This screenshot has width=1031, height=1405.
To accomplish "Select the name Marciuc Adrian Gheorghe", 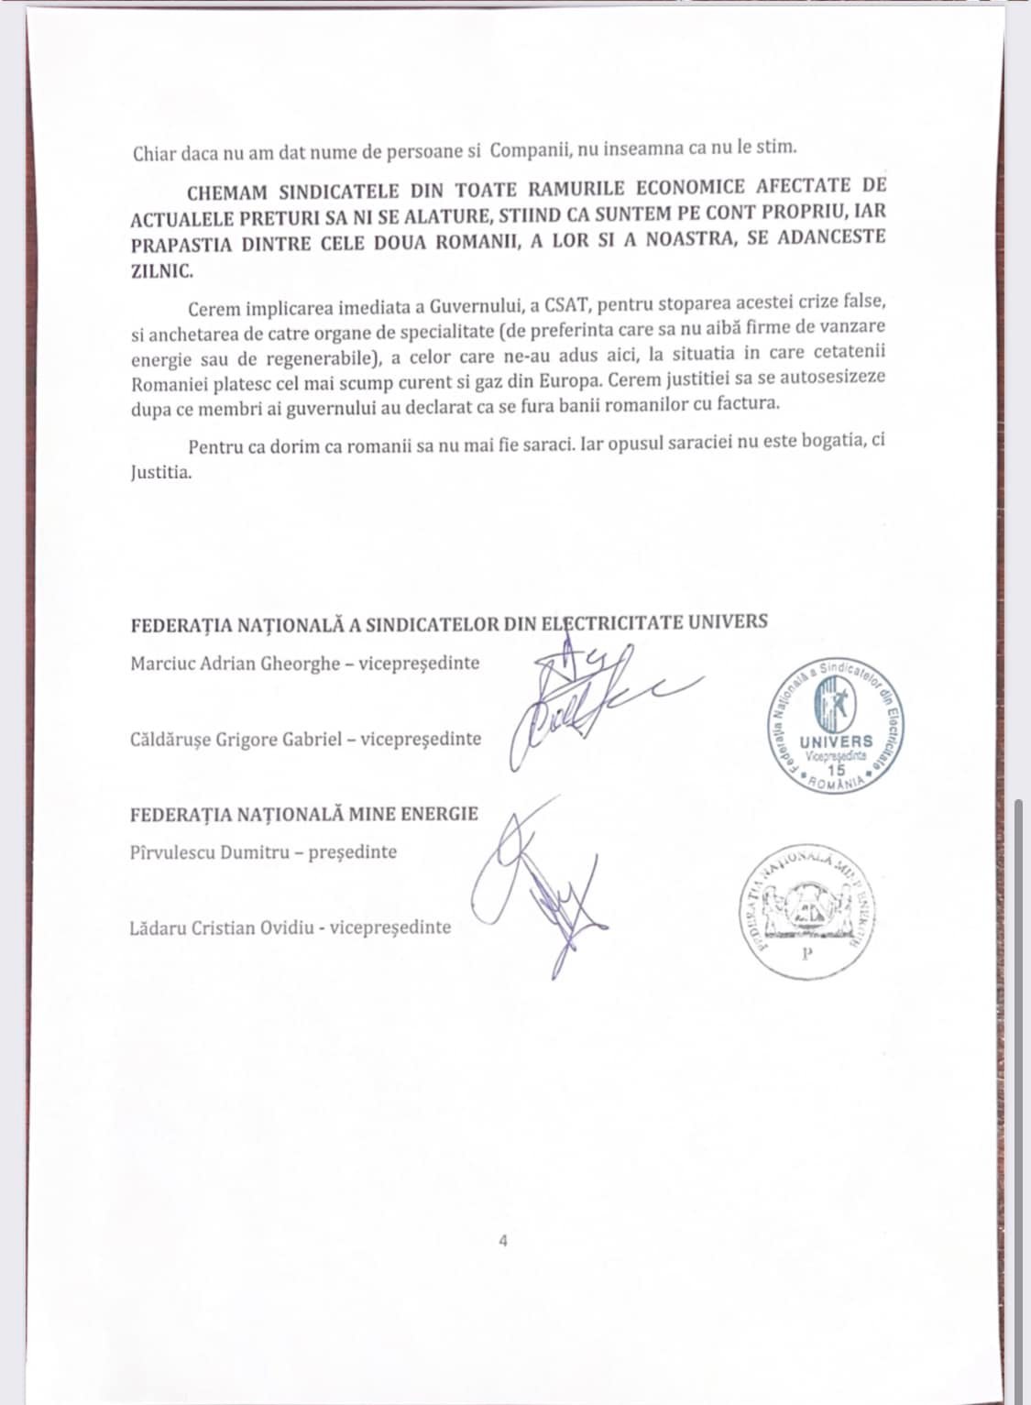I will click(236, 664).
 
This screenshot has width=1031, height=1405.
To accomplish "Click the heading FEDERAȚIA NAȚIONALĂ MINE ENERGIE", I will click(304, 814).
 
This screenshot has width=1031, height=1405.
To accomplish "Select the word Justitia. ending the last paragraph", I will click(161, 475).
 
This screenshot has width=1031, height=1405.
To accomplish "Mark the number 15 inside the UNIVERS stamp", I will click(837, 769).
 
